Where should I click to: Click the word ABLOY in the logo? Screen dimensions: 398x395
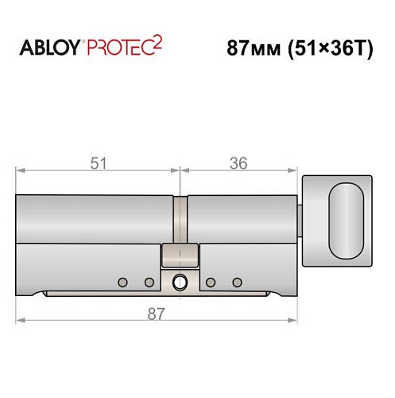48,49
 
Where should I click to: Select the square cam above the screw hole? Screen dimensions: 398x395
180,256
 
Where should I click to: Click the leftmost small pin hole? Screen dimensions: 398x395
122,282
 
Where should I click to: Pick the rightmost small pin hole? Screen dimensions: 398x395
236,282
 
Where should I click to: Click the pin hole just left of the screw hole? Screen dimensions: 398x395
149,282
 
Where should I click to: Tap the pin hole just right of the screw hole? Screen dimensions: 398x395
211,282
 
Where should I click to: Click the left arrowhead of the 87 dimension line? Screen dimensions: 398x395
21,321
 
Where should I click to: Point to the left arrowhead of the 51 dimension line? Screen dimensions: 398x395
21,170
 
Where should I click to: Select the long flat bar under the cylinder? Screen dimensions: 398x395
159,296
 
